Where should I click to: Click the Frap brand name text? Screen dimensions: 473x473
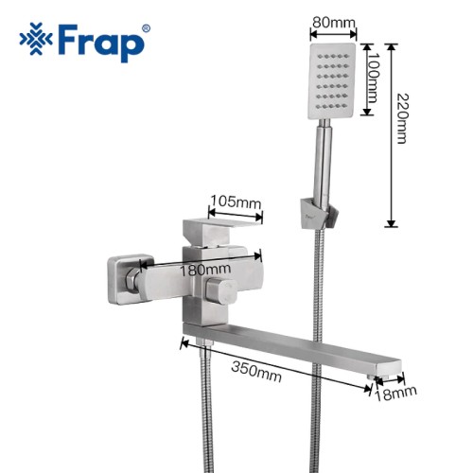click(101, 42)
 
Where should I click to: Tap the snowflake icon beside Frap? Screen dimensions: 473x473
click(36, 39)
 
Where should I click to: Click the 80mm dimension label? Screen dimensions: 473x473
click(334, 23)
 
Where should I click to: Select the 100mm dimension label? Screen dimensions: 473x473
click(373, 78)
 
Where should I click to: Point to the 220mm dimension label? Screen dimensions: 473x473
click(402, 118)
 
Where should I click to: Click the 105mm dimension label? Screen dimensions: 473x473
click(236, 201)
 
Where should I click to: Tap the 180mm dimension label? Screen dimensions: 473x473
click(205, 270)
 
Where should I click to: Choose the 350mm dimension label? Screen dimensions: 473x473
click(256, 372)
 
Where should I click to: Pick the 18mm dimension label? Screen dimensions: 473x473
click(395, 394)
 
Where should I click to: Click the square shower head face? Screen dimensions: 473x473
click(332, 81)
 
